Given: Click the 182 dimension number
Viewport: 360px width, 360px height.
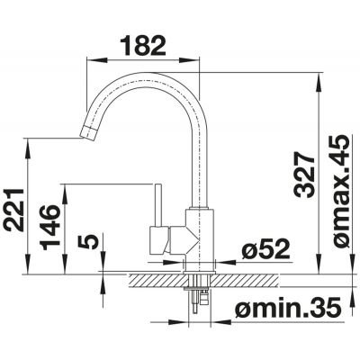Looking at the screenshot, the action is tap(143, 46).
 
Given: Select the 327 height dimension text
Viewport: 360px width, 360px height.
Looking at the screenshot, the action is tap(303, 175).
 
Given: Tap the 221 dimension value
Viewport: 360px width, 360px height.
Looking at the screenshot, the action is tap(13, 210).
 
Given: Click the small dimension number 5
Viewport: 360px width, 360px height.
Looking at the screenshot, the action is tap(87, 242).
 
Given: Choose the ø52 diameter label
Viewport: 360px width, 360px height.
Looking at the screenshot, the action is tap(265, 249).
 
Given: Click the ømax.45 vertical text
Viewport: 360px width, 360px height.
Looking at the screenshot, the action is tap(340, 192).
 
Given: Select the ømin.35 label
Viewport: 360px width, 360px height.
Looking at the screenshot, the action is tap(288, 307).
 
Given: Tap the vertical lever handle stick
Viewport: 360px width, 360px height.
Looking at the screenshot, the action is tap(158, 205).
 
